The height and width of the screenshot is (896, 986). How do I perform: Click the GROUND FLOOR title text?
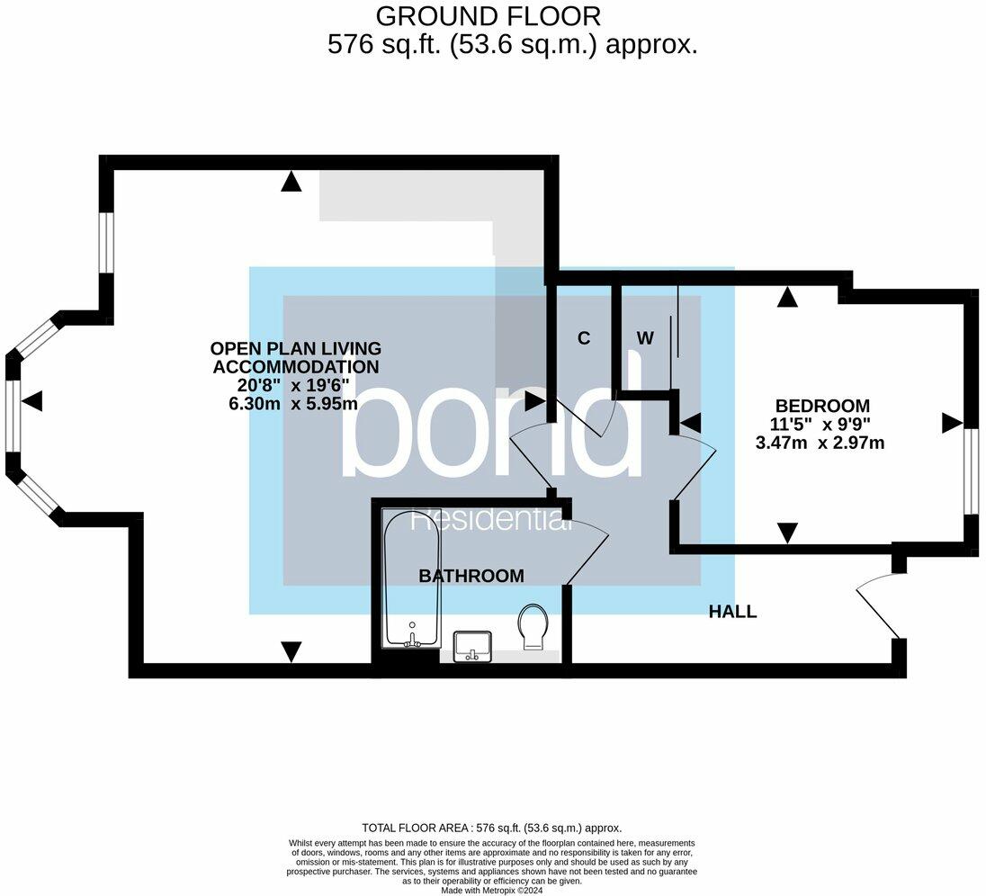(x=489, y=16)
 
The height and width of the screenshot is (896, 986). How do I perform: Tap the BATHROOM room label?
(x=471, y=576)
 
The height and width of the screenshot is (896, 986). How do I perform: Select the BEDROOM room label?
(x=822, y=406)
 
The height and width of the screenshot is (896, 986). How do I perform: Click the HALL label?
(x=732, y=612)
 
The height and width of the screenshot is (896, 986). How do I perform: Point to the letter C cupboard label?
(x=584, y=338)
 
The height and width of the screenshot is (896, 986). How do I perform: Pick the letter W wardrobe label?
(x=645, y=338)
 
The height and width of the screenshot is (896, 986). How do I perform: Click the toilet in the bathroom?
(x=533, y=624)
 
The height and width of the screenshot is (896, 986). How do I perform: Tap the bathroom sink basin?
(x=472, y=645)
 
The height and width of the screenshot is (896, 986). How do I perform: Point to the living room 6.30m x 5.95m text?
(x=293, y=404)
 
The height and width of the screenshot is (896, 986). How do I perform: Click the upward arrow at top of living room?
(x=290, y=183)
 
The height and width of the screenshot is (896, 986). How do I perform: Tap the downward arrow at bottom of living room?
(x=291, y=650)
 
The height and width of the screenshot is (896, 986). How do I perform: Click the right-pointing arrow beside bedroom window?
(x=951, y=423)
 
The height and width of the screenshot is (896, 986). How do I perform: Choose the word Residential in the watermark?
(x=490, y=521)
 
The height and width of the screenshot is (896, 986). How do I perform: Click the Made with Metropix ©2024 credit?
(x=492, y=891)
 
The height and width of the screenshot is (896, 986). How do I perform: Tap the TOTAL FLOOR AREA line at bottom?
(x=492, y=828)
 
